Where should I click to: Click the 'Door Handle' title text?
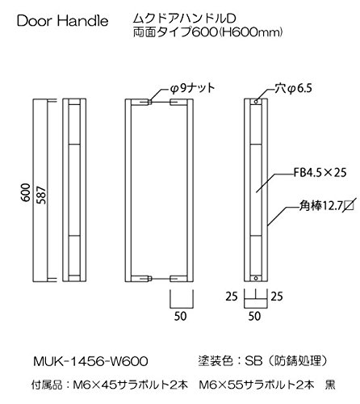click(x=62, y=21)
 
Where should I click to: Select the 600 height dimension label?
click(x=26, y=192)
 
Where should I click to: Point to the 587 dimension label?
click(x=41, y=195)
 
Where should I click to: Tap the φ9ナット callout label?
click(x=192, y=88)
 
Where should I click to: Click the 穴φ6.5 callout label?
click(x=293, y=88)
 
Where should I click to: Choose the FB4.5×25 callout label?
click(x=320, y=172)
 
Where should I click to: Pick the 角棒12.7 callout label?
click(x=326, y=206)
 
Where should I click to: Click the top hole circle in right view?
click(x=256, y=102)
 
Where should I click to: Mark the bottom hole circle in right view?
click(x=256, y=278)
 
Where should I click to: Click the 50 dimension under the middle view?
click(x=180, y=316)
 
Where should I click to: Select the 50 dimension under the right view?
click(x=254, y=316)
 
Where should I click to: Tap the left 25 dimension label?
click(x=232, y=297)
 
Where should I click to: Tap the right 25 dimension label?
click(x=277, y=297)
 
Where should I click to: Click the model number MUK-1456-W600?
click(x=90, y=361)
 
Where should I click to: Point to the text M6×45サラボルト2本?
click(x=131, y=385)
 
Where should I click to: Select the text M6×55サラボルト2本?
click(x=257, y=385)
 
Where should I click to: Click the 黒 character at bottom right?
click(x=330, y=385)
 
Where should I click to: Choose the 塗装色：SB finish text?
click(x=230, y=361)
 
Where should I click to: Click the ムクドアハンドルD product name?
click(x=185, y=19)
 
